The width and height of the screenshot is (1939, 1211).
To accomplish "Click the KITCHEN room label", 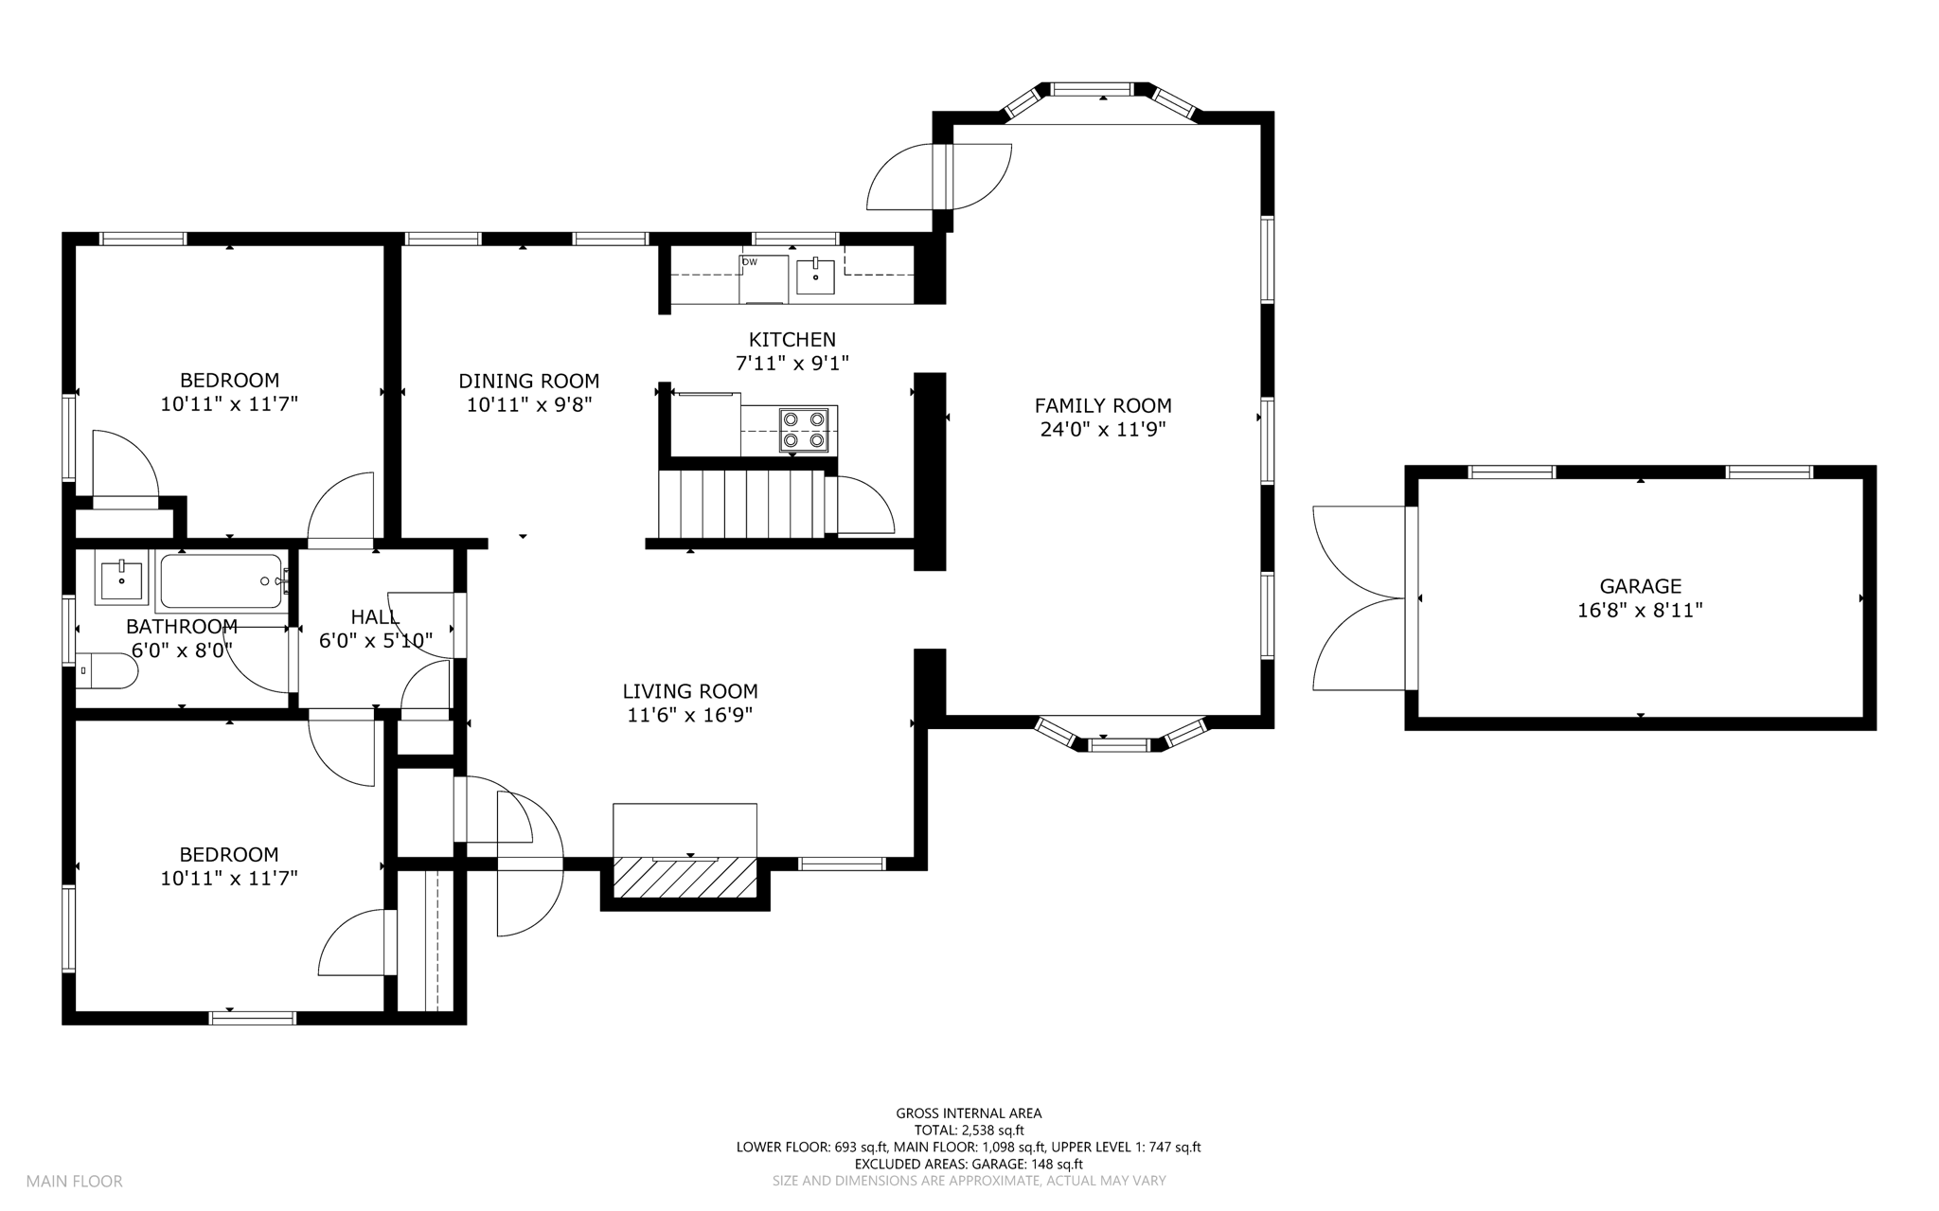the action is click(792, 339).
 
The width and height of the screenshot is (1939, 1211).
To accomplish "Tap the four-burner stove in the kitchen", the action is click(804, 429).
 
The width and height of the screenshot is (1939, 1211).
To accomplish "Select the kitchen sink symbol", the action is click(815, 275).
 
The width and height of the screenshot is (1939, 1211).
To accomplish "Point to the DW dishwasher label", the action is click(749, 261).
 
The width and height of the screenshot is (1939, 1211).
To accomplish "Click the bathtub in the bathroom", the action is click(222, 580).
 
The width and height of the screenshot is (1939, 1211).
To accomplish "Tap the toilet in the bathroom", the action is click(107, 670).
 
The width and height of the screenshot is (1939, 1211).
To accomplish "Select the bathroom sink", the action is click(120, 579).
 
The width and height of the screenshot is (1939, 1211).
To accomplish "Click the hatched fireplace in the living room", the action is click(685, 878).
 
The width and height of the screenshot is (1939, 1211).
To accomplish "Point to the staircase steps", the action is click(741, 504).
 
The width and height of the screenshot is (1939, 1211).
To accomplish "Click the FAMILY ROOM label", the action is click(1103, 405).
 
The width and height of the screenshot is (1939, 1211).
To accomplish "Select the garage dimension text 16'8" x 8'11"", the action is click(1640, 611).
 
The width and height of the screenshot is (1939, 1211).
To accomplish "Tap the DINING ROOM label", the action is click(528, 381).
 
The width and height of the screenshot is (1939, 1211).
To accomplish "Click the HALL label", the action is click(375, 616).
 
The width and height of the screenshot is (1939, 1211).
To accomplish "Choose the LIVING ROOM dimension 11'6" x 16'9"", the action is click(690, 715).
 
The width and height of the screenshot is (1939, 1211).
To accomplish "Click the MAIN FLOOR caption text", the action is click(74, 1181).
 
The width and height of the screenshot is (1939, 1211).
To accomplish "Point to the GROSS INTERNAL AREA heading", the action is click(969, 1113).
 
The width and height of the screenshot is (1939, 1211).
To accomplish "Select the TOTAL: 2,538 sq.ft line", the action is click(969, 1130).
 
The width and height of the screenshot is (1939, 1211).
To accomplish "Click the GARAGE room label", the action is click(1640, 586).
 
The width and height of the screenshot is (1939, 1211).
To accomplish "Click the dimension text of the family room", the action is click(1102, 429).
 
